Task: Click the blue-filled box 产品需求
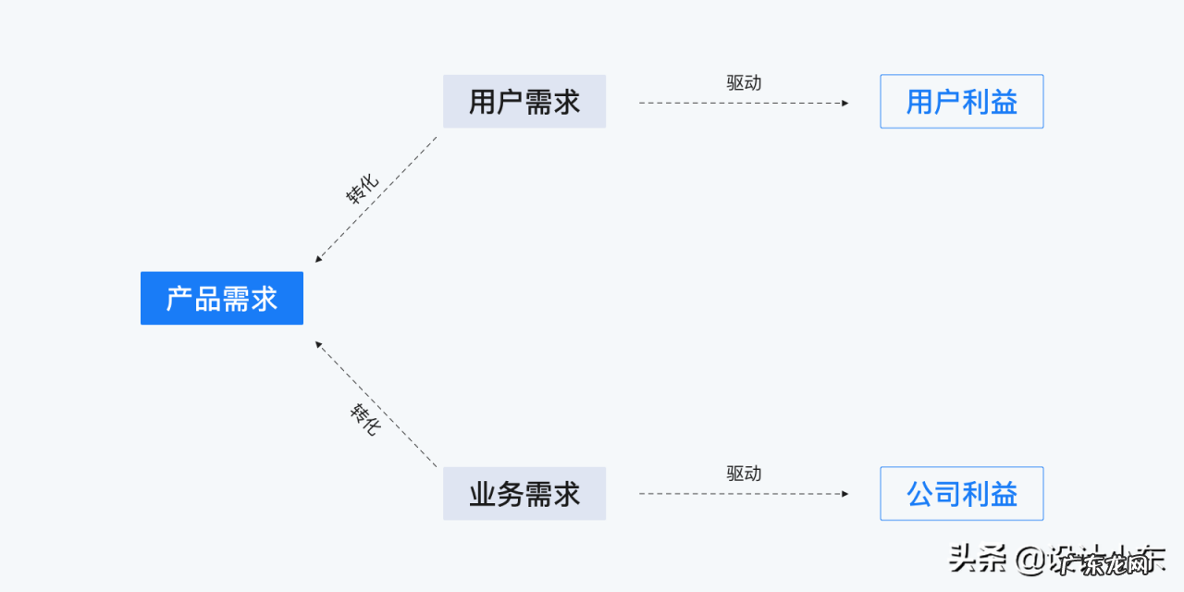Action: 222,298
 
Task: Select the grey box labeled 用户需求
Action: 524,102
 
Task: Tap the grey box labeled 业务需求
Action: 524,494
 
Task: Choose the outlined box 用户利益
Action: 961,102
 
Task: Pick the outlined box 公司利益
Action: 961,494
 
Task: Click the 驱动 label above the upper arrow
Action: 744,82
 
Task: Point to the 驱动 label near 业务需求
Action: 744,474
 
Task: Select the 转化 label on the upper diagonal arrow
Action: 363,190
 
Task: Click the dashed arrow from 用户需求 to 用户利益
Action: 740,103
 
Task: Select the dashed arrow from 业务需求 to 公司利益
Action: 740,494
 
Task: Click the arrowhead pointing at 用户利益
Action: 844,103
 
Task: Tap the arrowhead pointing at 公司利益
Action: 844,494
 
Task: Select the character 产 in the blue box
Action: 180,299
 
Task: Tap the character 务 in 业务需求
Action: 511,494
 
